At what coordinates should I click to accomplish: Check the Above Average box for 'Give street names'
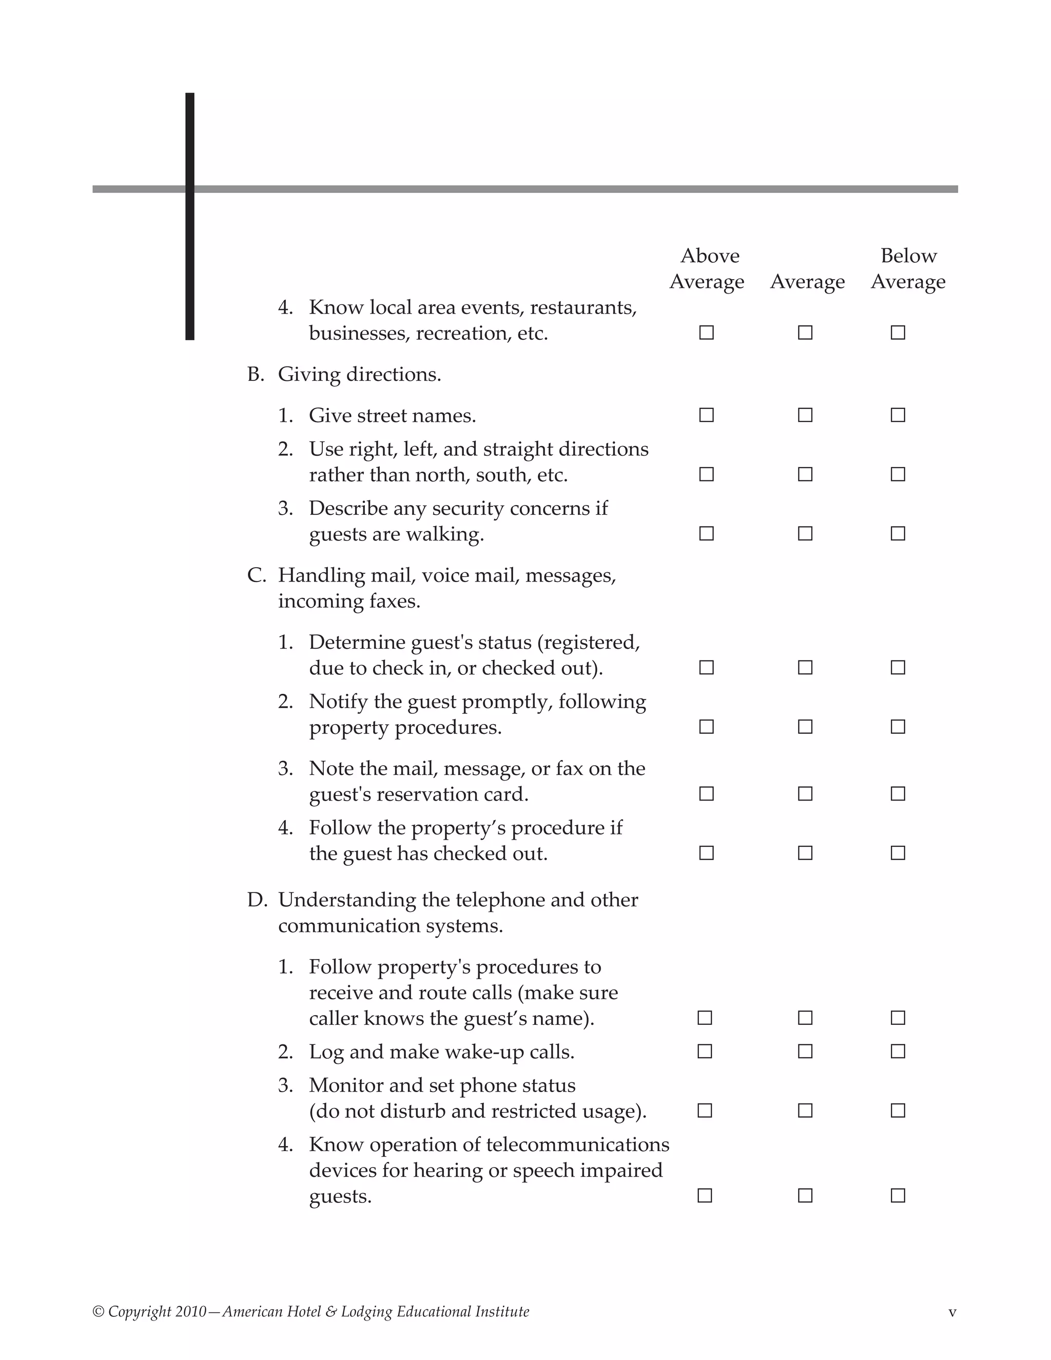coord(706,415)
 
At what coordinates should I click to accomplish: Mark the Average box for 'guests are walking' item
coord(805,534)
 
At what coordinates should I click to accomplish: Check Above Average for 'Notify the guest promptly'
coord(706,727)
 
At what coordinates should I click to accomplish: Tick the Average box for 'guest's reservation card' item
coord(805,793)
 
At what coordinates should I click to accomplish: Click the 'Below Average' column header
coord(908,268)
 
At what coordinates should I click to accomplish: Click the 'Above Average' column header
coord(707,268)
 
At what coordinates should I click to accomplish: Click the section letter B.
coord(255,374)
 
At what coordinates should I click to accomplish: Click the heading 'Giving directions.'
coord(359,374)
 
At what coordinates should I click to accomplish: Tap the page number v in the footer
coord(952,1313)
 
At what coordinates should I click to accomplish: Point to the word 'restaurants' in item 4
coord(582,307)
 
